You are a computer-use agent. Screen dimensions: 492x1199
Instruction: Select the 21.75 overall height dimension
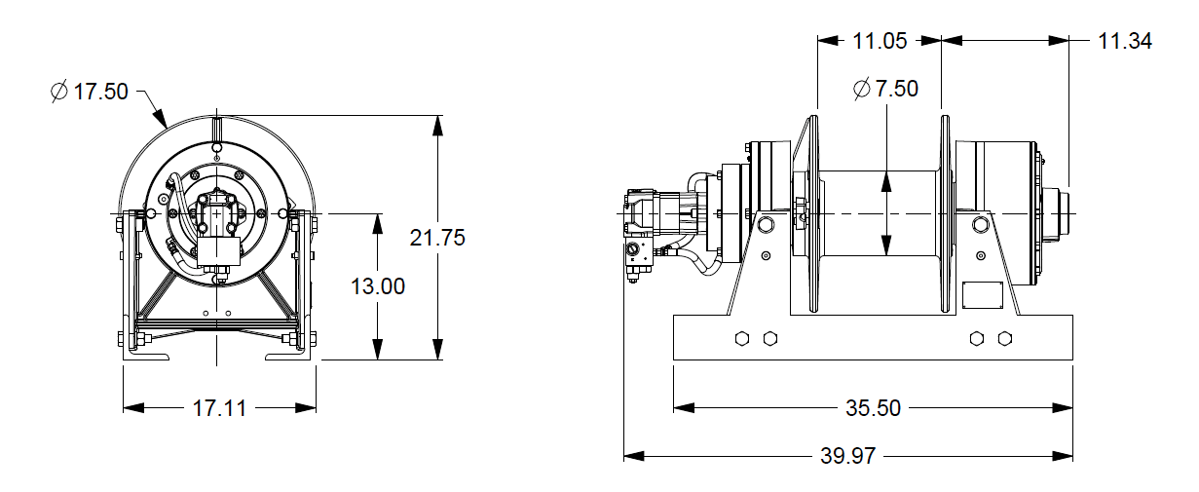click(x=437, y=237)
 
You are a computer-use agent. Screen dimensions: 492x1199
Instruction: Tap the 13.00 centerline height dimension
click(x=378, y=286)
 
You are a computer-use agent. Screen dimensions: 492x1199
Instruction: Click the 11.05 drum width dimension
click(x=880, y=41)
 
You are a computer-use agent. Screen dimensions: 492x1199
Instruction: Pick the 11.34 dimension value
click(x=1124, y=41)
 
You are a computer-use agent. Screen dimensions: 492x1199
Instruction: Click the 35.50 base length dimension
click(x=873, y=407)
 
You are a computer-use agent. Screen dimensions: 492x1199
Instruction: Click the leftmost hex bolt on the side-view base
click(x=742, y=338)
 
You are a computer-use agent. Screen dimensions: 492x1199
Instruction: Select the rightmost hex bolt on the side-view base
click(x=1005, y=338)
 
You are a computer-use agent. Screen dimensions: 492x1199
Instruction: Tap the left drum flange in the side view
click(x=811, y=214)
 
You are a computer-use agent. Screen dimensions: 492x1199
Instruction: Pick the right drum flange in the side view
click(x=945, y=214)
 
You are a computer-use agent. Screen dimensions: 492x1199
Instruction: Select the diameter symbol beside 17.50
click(x=58, y=92)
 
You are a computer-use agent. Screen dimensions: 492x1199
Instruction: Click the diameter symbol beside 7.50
click(x=861, y=89)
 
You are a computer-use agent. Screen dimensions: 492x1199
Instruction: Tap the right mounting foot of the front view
click(x=292, y=356)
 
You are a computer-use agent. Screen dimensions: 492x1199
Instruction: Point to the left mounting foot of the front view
click(x=146, y=356)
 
